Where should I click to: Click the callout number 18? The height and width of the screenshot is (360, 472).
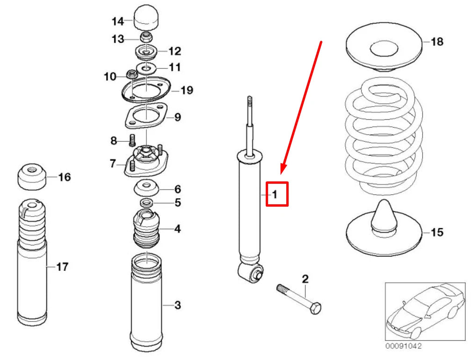pos(436,42)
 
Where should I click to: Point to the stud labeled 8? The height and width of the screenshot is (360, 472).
pos(131,139)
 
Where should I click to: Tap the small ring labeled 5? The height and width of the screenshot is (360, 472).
pos(146,202)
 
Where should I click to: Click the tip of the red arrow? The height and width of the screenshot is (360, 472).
pos(282,174)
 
